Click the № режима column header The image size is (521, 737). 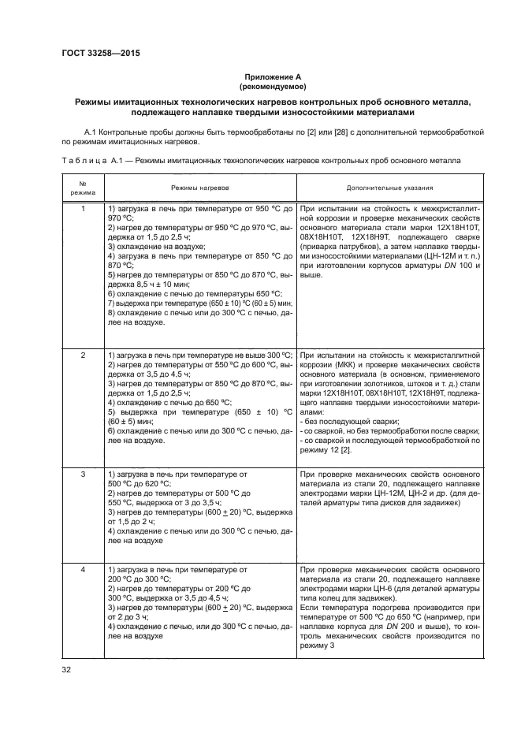tap(83, 188)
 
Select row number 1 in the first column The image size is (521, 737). tap(83, 209)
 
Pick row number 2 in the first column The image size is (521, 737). tap(83, 356)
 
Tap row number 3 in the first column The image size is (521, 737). tap(83, 475)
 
